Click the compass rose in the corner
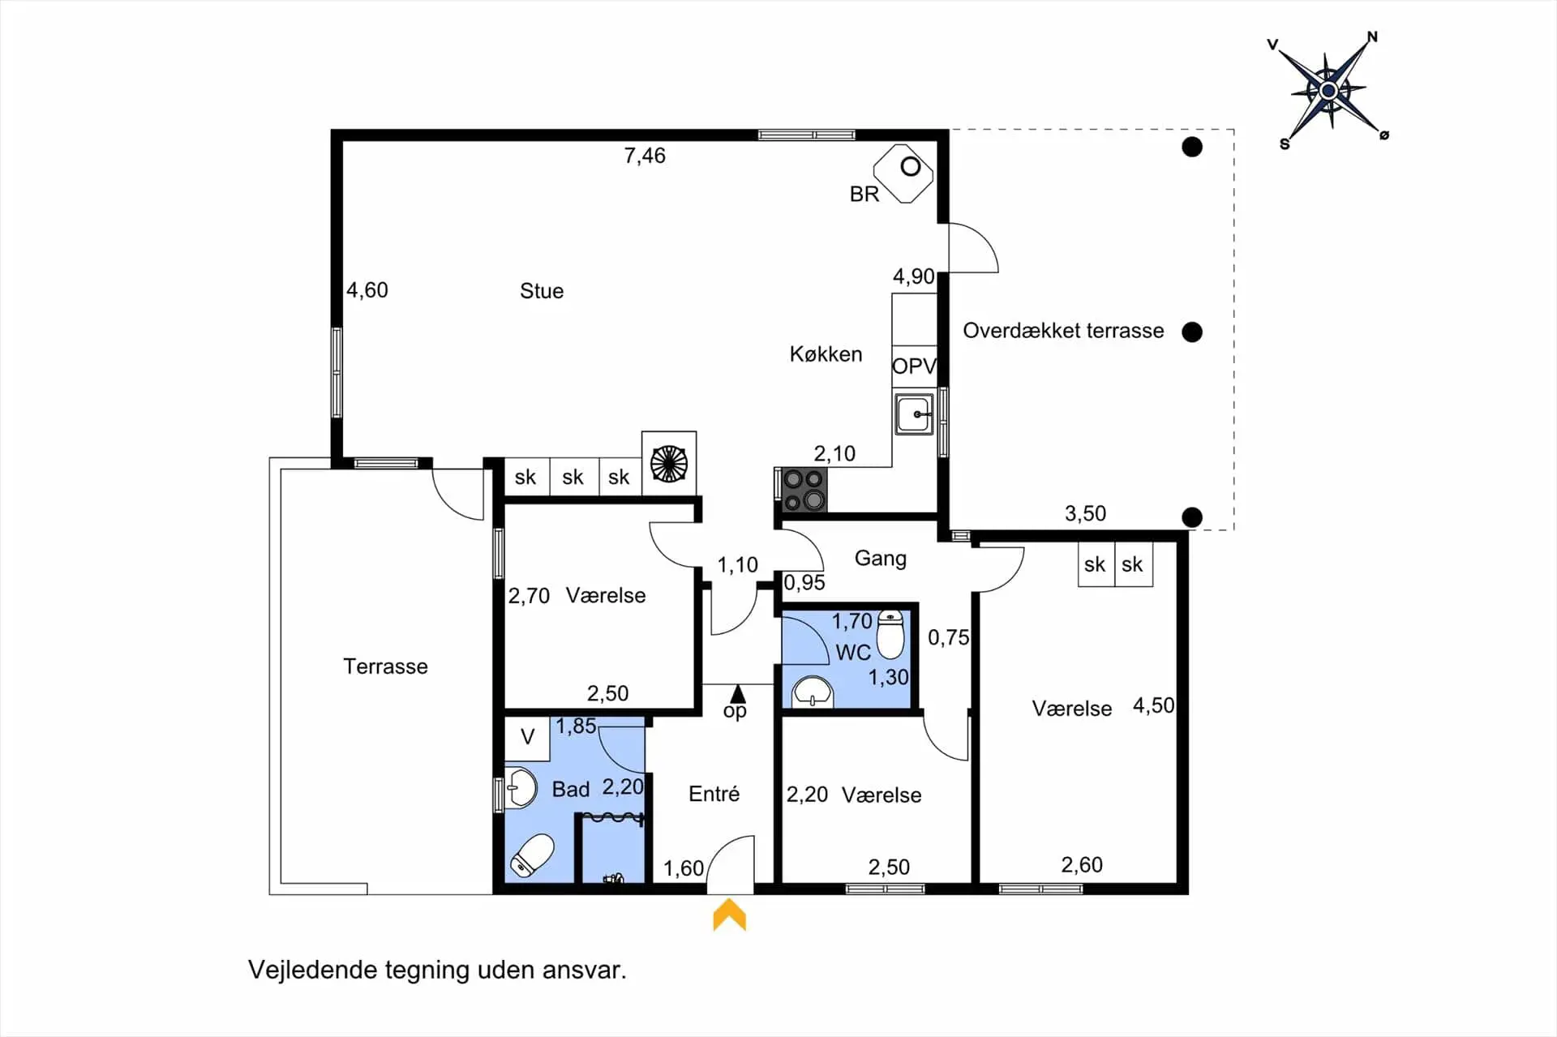coord(1328,90)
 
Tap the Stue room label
coord(542,291)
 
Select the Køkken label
coord(826,354)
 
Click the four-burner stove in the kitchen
coord(804,490)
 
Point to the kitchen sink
coord(914,414)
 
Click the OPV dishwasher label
coord(914,366)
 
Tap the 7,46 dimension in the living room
coord(645,156)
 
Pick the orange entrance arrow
coord(729,915)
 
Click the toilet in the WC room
coord(890,633)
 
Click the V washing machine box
coord(527,737)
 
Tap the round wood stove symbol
coord(669,464)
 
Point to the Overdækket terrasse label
coord(1063,331)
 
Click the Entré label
coord(714,794)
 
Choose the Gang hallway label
coord(881,559)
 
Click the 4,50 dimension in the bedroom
coord(1153,705)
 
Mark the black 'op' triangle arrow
coord(737,694)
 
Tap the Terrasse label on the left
coord(385,666)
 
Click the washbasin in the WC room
coord(812,692)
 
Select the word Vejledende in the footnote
coord(313,971)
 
